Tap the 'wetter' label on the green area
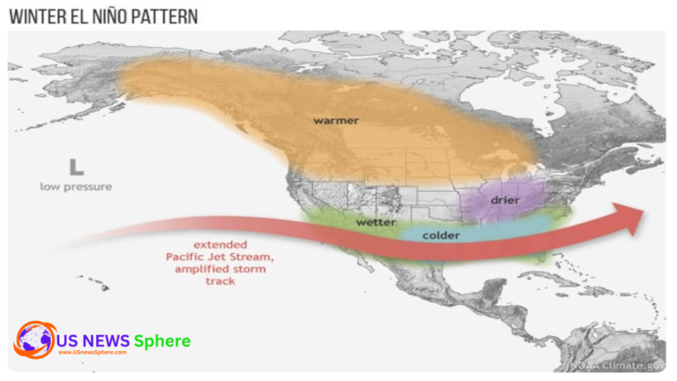pos(376,222)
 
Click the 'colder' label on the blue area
pos(441,235)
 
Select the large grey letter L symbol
pos(77,166)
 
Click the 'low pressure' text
pos(76,186)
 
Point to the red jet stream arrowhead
pos(633,219)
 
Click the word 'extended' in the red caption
pos(220,244)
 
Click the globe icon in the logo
pos(35,340)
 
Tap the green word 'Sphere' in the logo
pos(162,340)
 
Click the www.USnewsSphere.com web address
pos(92,352)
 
